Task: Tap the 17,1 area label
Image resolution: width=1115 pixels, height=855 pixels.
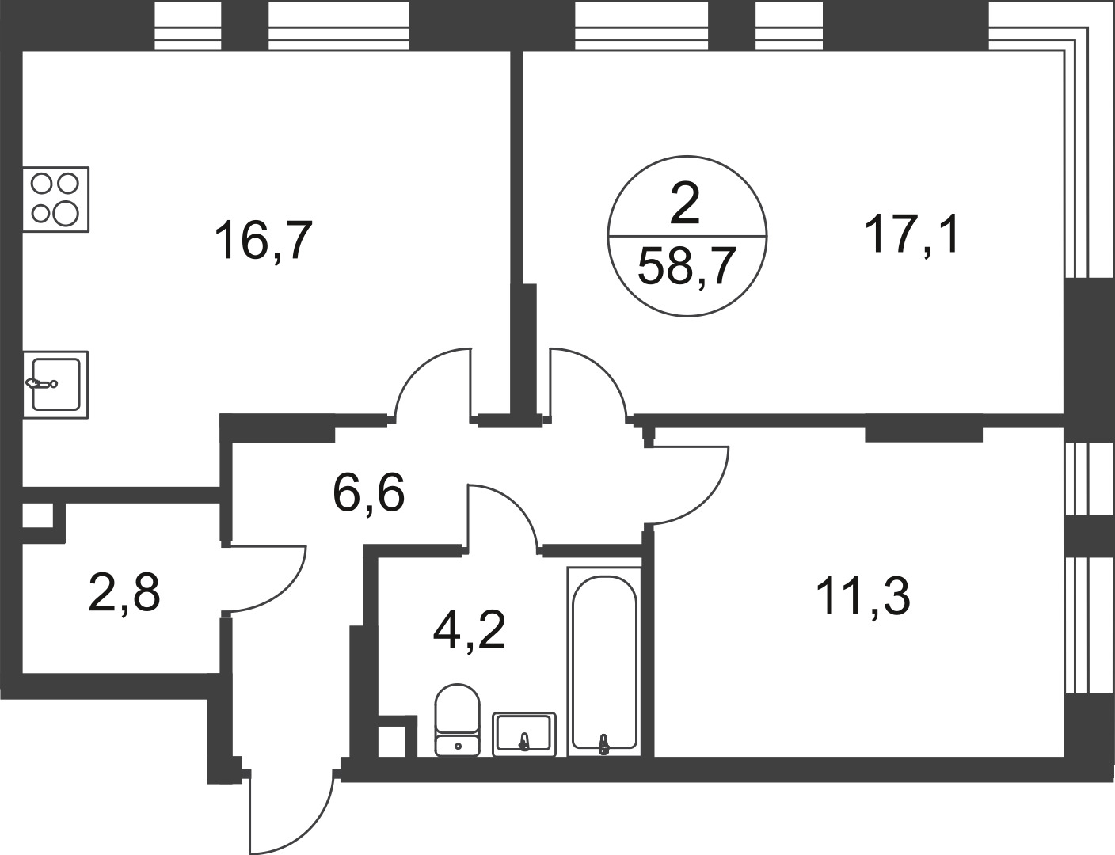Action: point(913,234)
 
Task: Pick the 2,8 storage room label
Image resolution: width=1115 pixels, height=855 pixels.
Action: point(124,593)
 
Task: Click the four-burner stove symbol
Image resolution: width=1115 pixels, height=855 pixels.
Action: point(55,199)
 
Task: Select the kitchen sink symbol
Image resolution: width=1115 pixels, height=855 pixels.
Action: point(55,385)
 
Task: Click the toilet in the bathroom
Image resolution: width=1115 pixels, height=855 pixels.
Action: point(458,719)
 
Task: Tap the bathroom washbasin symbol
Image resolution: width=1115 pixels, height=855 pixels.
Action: point(524,733)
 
